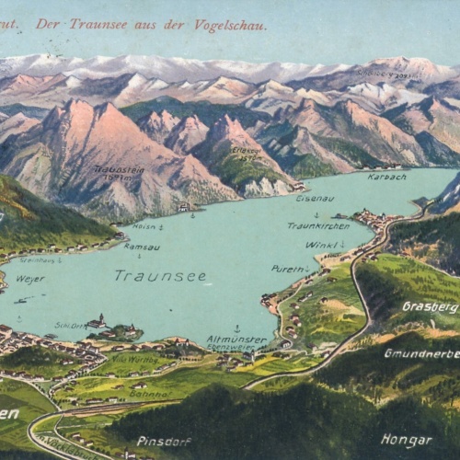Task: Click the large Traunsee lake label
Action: (x=147, y=275)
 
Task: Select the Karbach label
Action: (x=386, y=176)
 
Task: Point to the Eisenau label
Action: (x=315, y=198)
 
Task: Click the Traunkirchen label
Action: (x=318, y=224)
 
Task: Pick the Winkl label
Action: (x=321, y=245)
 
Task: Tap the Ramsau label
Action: (x=142, y=247)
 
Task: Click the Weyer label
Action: (x=29, y=278)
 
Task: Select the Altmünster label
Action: (x=236, y=339)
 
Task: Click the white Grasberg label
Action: (x=430, y=306)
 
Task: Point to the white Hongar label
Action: (x=406, y=441)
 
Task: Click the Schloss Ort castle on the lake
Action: (x=97, y=322)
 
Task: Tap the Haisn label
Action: (x=144, y=225)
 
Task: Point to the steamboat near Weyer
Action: (x=20, y=300)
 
